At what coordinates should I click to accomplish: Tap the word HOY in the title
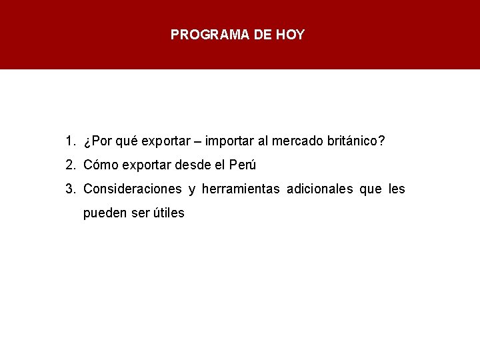(x=291, y=35)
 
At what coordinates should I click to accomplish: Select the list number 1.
(x=70, y=141)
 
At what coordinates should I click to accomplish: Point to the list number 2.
(x=70, y=165)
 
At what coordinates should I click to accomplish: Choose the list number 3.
(x=70, y=189)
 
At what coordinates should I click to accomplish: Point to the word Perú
(x=242, y=165)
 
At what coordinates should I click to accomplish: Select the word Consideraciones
(x=133, y=189)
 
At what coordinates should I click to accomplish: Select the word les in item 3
(x=397, y=189)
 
